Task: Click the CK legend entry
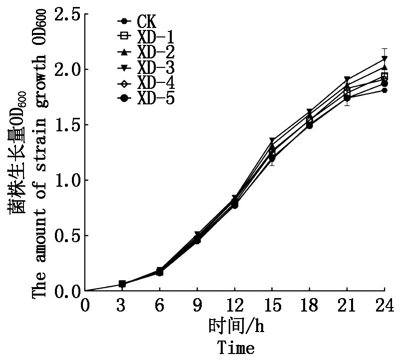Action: [x=145, y=22]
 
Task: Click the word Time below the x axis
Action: [x=236, y=347]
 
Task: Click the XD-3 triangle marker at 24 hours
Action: [x=385, y=59]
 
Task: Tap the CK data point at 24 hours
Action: [x=385, y=90]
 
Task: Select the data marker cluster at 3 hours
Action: [x=122, y=284]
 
